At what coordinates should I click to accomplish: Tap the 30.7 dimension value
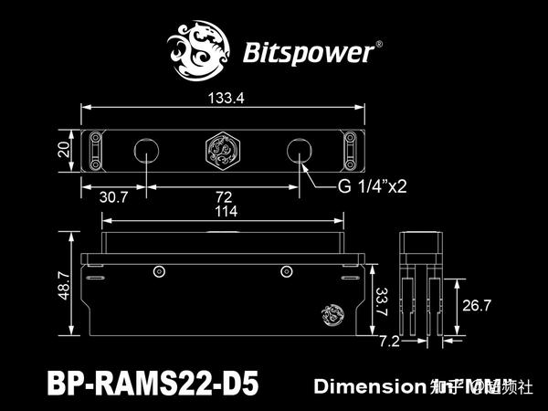113,196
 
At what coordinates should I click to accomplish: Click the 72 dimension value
224,196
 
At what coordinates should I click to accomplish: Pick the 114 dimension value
223,212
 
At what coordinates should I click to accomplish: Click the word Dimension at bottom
364,386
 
